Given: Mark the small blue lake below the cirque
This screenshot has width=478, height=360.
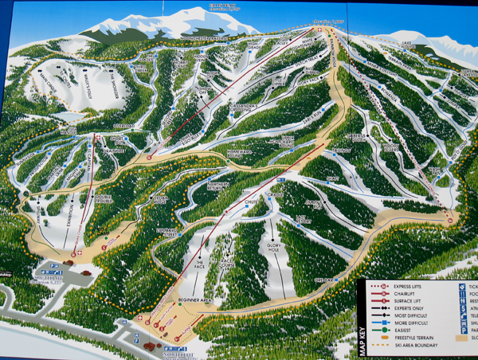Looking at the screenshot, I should click(x=69, y=118).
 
